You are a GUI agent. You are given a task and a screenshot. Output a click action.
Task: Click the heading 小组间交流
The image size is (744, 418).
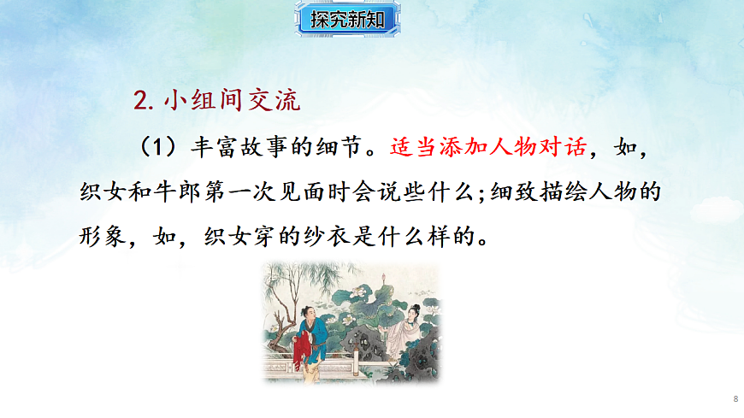231,101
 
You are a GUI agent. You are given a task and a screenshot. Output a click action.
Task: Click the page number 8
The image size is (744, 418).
735,399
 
